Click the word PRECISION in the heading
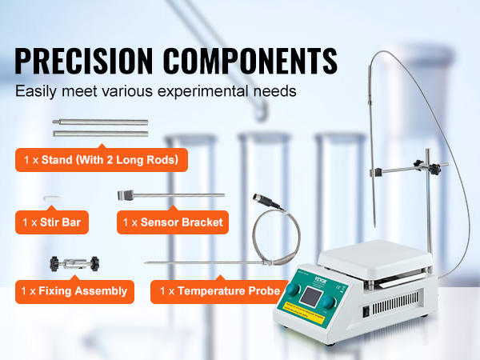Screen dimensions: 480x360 click(83, 61)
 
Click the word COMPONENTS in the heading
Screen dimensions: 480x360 click(250, 61)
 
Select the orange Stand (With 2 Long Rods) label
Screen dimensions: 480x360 click(102, 160)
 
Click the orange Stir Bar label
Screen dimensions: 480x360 click(52, 222)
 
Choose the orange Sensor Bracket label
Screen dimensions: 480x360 click(173, 222)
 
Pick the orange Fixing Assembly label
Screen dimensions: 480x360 click(74, 291)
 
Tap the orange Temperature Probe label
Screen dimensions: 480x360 click(220, 291)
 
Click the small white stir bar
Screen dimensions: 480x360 click(52, 198)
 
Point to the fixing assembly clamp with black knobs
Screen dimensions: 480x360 click(74, 264)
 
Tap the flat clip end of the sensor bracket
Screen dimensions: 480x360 click(126, 195)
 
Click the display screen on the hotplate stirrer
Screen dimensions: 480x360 click(310, 297)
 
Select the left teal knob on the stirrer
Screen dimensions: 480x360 click(293, 290)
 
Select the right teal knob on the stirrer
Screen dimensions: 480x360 click(327, 302)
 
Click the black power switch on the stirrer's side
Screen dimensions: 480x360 click(366, 311)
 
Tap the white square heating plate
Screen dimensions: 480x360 click(375, 257)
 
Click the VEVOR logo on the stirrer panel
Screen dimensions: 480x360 click(321, 280)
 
